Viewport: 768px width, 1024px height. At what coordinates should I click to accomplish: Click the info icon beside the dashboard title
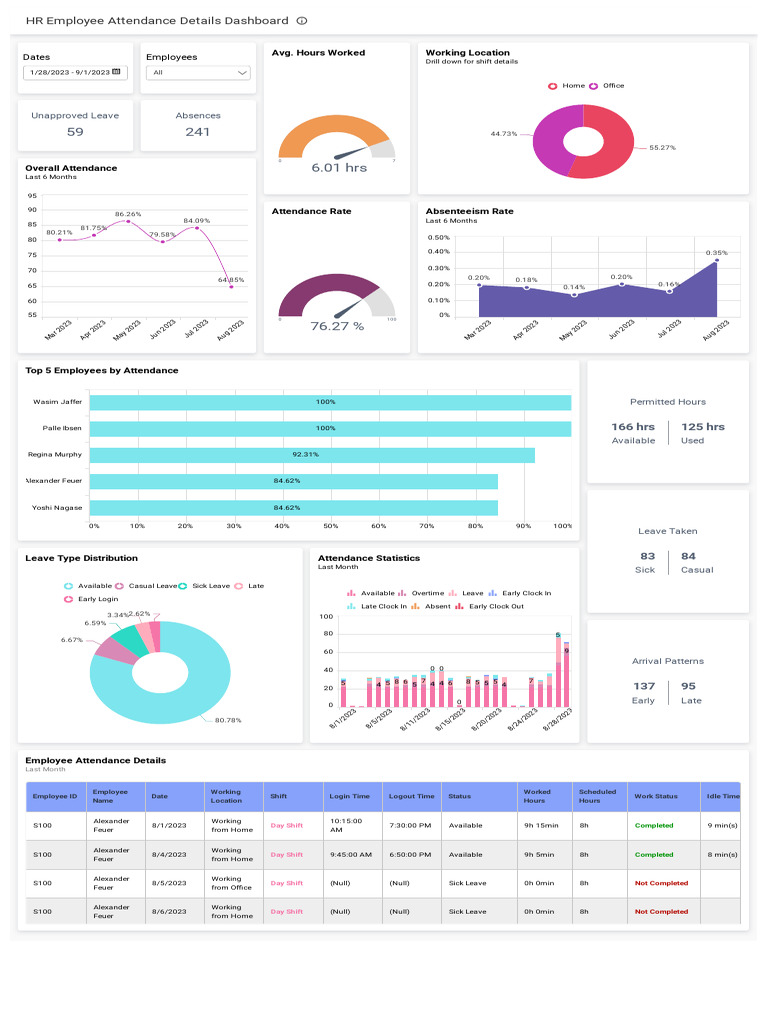(302, 20)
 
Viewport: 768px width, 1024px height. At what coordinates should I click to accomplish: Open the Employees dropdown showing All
(198, 72)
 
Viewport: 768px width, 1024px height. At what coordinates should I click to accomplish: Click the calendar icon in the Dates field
(116, 72)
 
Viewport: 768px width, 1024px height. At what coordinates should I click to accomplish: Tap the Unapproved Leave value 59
(75, 132)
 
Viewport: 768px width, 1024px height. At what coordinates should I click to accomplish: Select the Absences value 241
(198, 132)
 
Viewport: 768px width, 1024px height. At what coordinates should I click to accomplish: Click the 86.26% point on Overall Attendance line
(128, 221)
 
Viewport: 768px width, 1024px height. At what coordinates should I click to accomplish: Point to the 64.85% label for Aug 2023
(231, 279)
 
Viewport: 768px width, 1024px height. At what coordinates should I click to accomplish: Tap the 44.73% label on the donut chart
(504, 133)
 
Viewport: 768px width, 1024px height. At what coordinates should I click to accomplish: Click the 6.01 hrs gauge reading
(339, 168)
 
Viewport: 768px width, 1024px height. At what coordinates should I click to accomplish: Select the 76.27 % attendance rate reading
(337, 326)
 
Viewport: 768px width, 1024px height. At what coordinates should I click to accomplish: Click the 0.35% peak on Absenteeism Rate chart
(715, 262)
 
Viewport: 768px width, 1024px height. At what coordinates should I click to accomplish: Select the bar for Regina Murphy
(312, 455)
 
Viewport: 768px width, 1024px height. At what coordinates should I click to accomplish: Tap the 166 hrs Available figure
(633, 427)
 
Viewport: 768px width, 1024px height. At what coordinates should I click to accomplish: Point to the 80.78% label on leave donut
(228, 720)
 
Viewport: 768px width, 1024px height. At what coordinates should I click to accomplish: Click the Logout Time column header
(412, 796)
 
